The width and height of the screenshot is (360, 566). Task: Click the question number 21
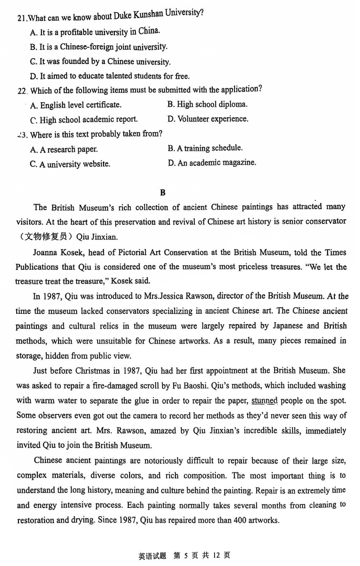click(21, 18)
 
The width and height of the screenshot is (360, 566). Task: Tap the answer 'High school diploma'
click(207, 104)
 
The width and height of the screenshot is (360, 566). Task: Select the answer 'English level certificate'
click(76, 105)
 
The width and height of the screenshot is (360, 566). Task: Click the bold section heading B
click(163, 192)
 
